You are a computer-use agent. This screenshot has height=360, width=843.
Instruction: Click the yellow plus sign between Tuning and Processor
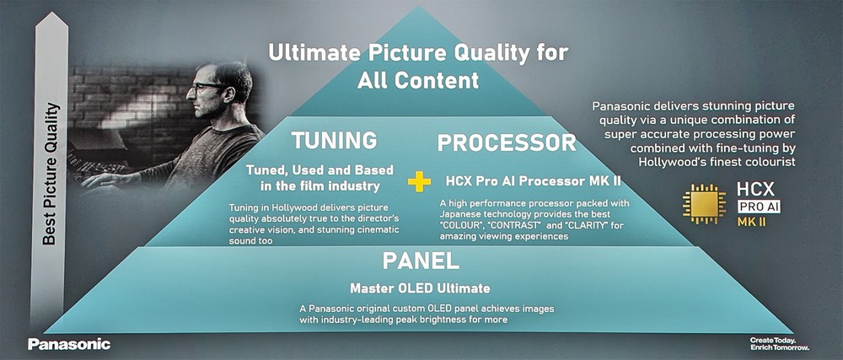click(419, 181)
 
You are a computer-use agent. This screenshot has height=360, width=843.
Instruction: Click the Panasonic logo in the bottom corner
click(69, 344)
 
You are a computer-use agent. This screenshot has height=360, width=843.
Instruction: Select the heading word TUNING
click(335, 140)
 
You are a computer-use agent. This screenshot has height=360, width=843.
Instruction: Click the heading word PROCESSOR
click(507, 142)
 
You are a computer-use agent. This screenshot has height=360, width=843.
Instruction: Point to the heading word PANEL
click(421, 261)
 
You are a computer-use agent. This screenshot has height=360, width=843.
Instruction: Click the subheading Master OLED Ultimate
click(420, 288)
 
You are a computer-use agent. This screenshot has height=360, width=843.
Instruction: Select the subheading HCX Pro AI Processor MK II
click(534, 181)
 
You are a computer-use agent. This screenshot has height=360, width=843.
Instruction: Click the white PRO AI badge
click(759, 207)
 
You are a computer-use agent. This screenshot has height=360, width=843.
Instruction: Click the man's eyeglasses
click(206, 87)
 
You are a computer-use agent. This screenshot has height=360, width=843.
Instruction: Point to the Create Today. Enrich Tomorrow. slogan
click(779, 344)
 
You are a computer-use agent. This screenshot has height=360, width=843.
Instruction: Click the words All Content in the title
click(418, 80)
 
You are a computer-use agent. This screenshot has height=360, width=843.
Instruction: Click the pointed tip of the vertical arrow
click(51, 12)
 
